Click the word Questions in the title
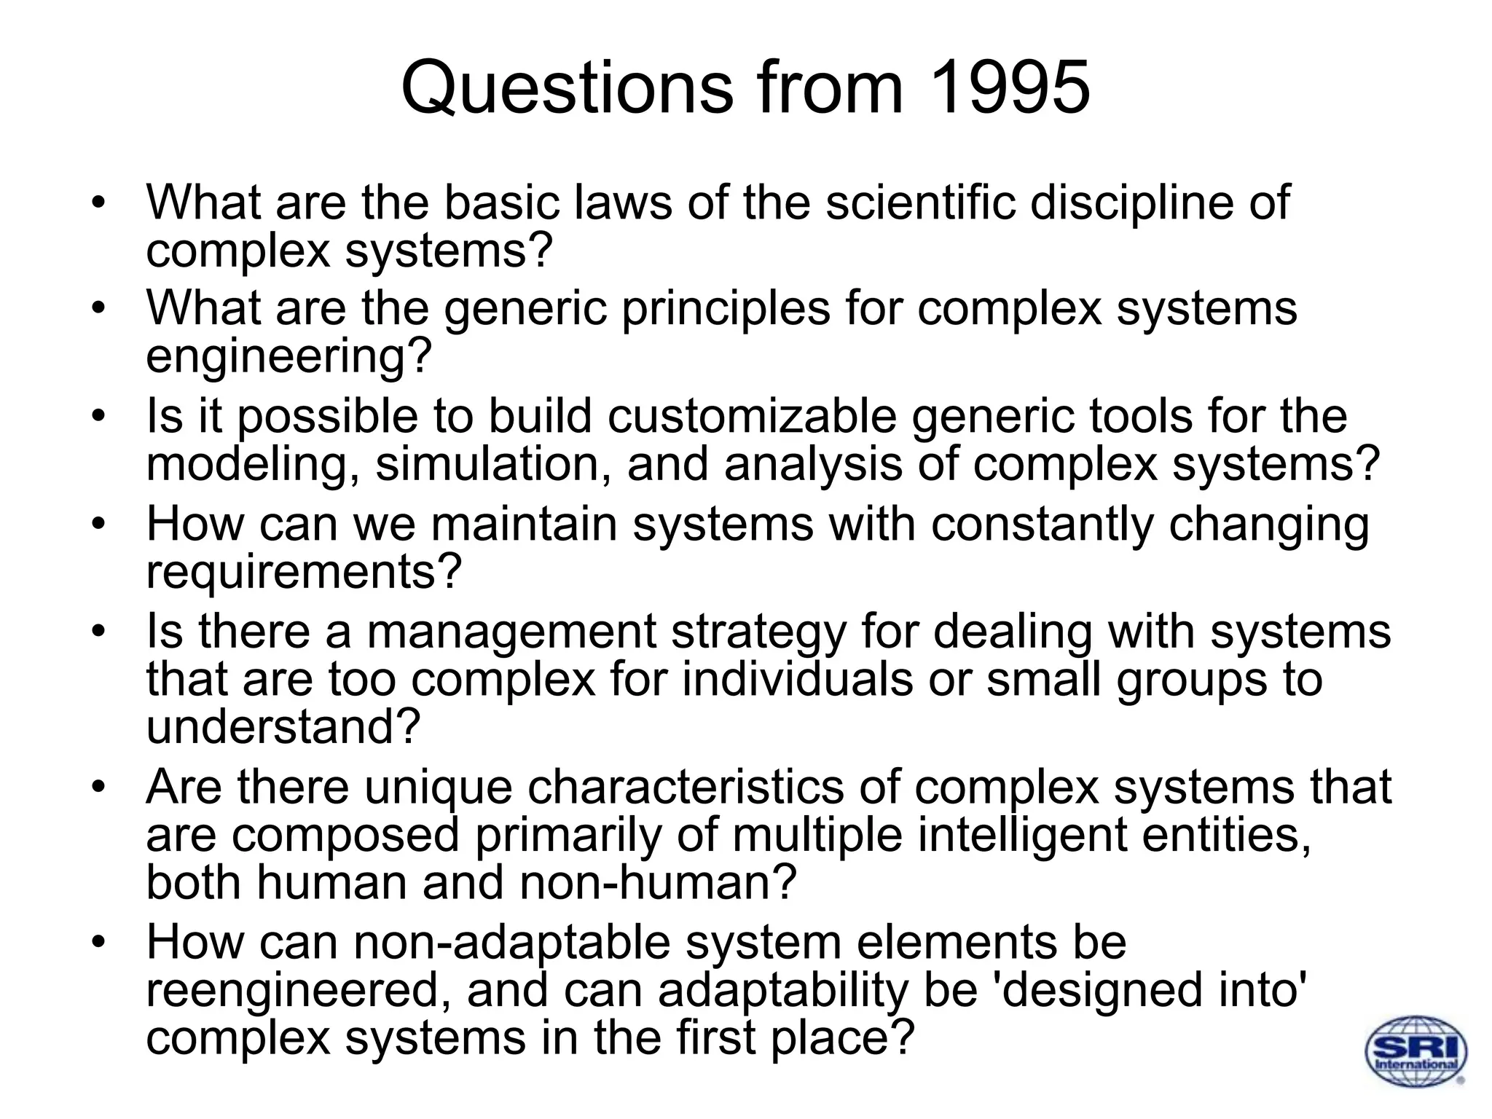tap(567, 89)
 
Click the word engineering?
tap(289, 358)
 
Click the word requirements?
tap(305, 573)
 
